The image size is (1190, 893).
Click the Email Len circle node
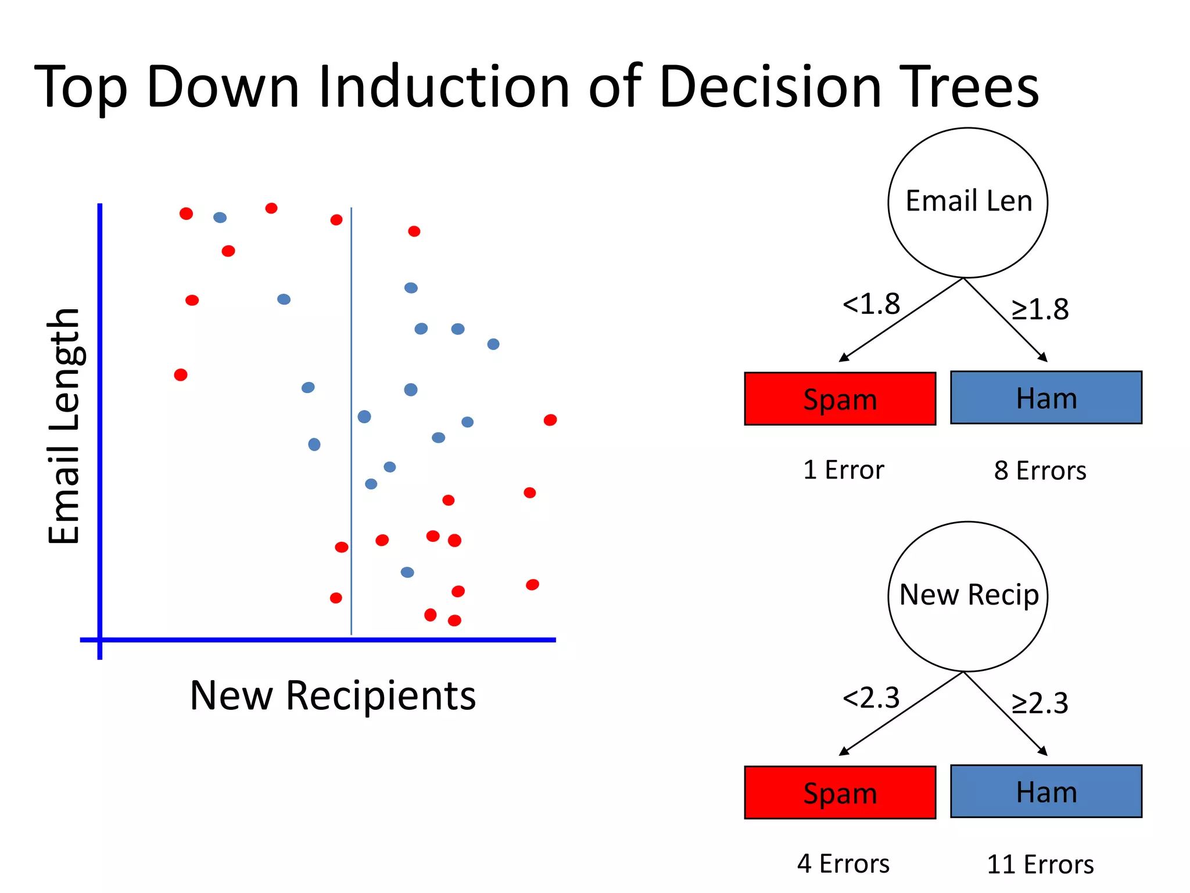[x=967, y=202]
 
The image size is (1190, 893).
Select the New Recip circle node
[x=967, y=596]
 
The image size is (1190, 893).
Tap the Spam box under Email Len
[x=840, y=399]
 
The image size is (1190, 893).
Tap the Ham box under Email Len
[x=1046, y=398]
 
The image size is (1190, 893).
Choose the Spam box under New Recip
[x=840, y=792]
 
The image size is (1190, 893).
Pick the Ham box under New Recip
[x=1046, y=791]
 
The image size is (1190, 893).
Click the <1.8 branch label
[x=870, y=303]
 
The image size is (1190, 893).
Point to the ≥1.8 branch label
[x=1040, y=309]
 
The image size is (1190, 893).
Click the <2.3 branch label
[x=870, y=697]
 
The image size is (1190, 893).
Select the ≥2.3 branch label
[x=1040, y=703]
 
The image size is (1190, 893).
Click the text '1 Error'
[x=843, y=470]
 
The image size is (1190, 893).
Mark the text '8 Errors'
[x=1040, y=470]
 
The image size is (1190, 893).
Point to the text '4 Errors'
[x=843, y=864]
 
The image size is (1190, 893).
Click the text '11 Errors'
[x=1040, y=865]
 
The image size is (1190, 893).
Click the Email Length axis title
[x=64, y=426]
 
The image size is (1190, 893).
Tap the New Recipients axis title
[x=333, y=696]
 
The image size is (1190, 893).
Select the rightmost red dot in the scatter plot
[x=550, y=420]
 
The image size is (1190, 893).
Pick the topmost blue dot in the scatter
[x=220, y=217]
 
